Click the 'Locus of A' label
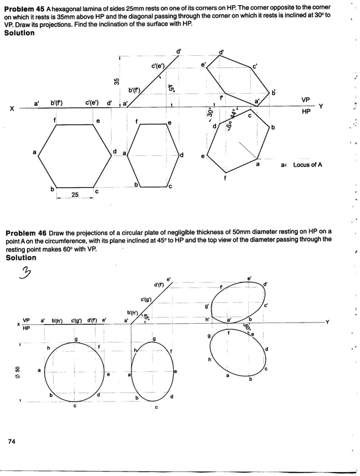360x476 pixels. pyautogui.click(x=308, y=165)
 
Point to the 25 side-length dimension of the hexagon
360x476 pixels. pyautogui.click(x=74, y=195)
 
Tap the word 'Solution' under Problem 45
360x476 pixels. pyautogui.click(x=19, y=33)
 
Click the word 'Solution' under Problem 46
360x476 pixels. pyautogui.click(x=20, y=258)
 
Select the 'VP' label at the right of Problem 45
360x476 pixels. pyautogui.click(x=305, y=100)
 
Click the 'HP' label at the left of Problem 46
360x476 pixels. pyautogui.click(x=26, y=328)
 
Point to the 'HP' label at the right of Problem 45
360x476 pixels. pyautogui.click(x=305, y=112)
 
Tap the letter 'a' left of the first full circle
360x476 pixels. pyautogui.click(x=39, y=371)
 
